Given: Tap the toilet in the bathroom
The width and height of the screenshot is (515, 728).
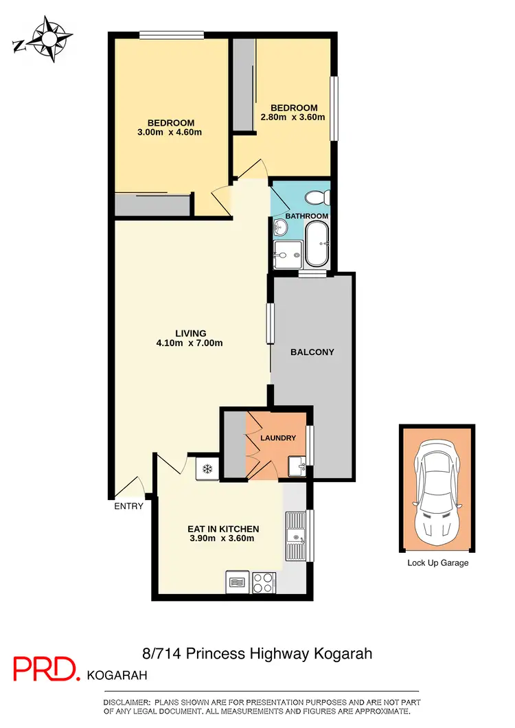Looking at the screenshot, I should coord(317,198).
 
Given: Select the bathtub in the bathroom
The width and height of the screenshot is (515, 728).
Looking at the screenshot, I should coord(317,244).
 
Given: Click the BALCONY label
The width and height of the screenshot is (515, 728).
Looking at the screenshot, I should coord(312,352).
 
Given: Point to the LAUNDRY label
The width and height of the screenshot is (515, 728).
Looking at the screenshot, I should coord(278,438).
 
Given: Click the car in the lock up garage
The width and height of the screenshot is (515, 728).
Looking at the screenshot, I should coord(437,488).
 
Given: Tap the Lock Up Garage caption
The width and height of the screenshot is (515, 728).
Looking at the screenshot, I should coord(437,563).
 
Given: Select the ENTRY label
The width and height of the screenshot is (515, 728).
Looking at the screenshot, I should coord(129,506).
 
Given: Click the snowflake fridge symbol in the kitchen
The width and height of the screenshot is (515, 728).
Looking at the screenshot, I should coord(206,468).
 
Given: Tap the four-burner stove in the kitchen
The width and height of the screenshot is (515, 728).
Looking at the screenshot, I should coord(263,583).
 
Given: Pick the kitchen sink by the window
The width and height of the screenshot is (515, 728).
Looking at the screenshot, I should coord(296,536).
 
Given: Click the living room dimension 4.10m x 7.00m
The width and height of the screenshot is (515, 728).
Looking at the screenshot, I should coord(191,343).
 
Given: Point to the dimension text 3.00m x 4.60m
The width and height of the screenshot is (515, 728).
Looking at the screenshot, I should coord(170,133).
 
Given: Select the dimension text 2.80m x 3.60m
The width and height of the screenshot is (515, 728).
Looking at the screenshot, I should coord(293,117).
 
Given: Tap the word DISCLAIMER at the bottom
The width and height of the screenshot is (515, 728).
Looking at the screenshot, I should coord(126,702).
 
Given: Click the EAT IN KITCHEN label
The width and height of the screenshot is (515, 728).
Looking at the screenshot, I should coord(223,529).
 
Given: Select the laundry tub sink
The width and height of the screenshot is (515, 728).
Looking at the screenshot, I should coord(297,466).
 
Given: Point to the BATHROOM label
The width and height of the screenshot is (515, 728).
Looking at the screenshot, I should coord(307,216).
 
